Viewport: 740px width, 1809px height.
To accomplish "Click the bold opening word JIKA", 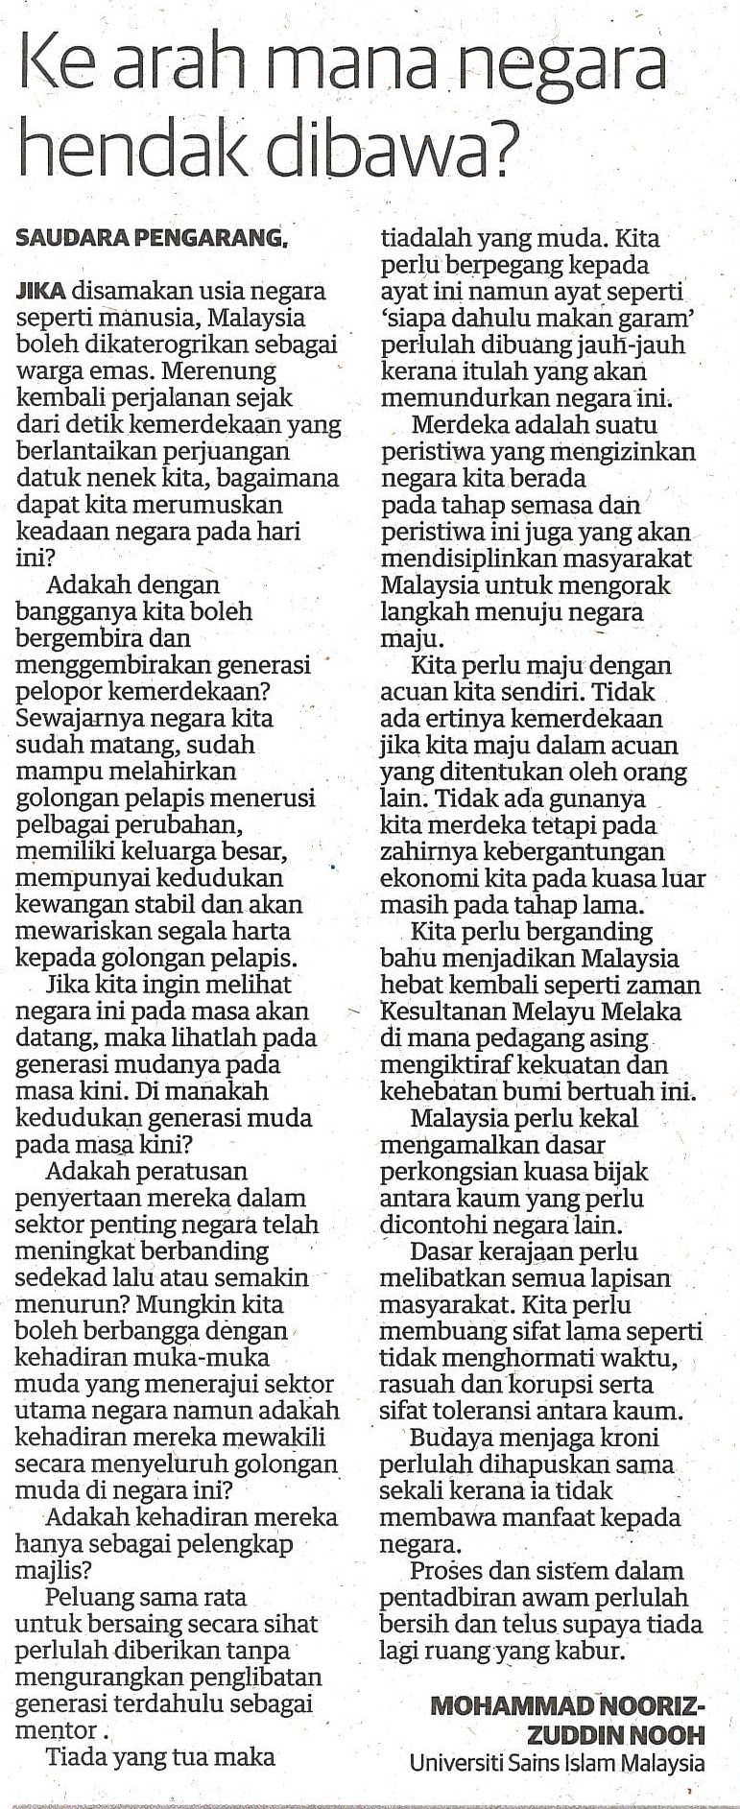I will (41, 291).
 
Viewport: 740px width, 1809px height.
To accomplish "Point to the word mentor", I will (56, 1730).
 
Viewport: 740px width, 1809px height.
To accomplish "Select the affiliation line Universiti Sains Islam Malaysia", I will (557, 1763).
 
